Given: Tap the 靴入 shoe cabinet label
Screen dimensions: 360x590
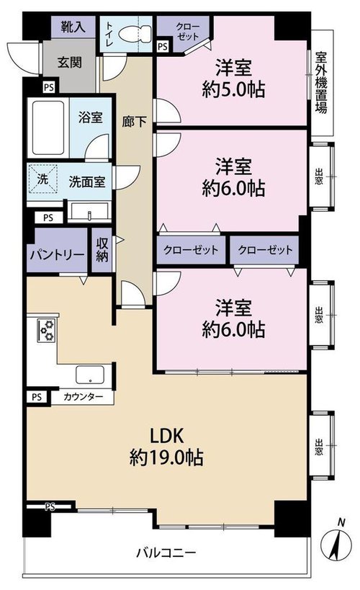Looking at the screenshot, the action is pyautogui.click(x=73, y=27).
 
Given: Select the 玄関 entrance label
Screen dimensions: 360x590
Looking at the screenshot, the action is pyautogui.click(x=70, y=62).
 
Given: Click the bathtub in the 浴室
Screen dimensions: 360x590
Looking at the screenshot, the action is pyautogui.click(x=48, y=128).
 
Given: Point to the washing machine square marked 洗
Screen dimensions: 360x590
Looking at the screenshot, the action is pyautogui.click(x=43, y=179).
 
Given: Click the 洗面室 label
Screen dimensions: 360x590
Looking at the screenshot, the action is pyautogui.click(x=86, y=182).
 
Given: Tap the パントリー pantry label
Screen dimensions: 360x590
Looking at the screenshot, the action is pyautogui.click(x=57, y=255).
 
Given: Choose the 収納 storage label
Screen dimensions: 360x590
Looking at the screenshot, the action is pyautogui.click(x=102, y=250).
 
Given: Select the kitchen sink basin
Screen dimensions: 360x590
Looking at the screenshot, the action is pyautogui.click(x=90, y=375).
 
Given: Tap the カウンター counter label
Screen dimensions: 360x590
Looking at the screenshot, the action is pyautogui.click(x=83, y=397).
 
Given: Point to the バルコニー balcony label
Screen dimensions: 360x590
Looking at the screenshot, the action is pyautogui.click(x=166, y=553).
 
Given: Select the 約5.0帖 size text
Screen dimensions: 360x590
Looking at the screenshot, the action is pyautogui.click(x=233, y=89).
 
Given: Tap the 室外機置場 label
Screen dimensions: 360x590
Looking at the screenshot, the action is pyautogui.click(x=321, y=83).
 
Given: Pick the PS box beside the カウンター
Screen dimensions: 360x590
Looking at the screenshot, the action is pyautogui.click(x=37, y=398).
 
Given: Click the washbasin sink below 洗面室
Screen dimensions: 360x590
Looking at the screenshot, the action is pyautogui.click(x=89, y=213).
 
